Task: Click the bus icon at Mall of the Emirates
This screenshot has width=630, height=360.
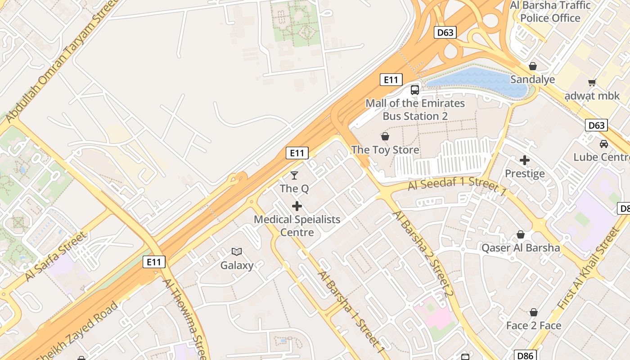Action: [x=414, y=90]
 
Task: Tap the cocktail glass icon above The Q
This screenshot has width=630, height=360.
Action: [x=294, y=175]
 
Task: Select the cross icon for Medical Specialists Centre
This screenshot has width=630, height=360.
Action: [x=297, y=206]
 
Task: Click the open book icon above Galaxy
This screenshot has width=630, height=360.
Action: [x=237, y=252]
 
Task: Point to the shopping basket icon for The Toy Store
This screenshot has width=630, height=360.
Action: [x=385, y=136]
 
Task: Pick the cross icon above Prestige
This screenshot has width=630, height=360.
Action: [x=525, y=160]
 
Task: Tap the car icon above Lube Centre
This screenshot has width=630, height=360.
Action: [x=603, y=144]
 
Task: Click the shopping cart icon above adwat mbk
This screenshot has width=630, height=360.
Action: [x=592, y=82]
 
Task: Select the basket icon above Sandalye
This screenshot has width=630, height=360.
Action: [x=533, y=66]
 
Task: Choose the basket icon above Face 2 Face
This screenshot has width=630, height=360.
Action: [x=534, y=312]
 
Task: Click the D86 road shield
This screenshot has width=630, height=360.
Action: [x=525, y=355]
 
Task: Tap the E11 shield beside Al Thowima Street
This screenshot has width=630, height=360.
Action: [x=154, y=262]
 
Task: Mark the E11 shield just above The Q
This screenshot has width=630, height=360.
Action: [x=297, y=153]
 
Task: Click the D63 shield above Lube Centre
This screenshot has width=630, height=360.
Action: [x=596, y=125]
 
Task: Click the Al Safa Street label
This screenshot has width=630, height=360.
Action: [x=55, y=256]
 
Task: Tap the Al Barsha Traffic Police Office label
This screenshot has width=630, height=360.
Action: [x=550, y=12]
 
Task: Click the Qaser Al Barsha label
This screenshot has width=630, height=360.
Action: [x=521, y=248]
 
